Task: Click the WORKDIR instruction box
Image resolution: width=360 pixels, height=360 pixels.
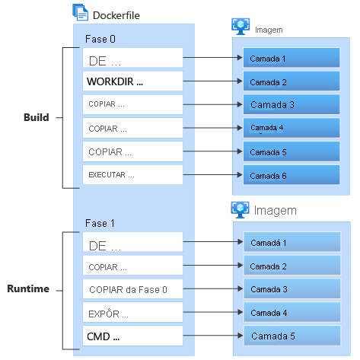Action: click(x=133, y=81)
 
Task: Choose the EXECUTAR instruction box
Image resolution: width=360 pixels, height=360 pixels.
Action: click(x=133, y=175)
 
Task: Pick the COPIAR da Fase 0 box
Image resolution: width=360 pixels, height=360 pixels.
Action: click(x=133, y=289)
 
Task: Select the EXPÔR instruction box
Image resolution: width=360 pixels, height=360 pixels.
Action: click(x=133, y=313)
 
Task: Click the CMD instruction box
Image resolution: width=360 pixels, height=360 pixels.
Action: click(x=133, y=336)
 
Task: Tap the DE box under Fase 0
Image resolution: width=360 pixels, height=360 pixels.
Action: click(x=133, y=58)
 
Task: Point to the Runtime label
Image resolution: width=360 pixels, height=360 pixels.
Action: click(x=29, y=289)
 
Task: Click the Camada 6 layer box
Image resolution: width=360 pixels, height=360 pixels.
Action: click(x=291, y=176)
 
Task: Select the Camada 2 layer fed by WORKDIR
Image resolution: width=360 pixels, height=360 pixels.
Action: click(x=291, y=81)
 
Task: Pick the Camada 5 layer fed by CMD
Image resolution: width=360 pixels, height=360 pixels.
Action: click(x=291, y=336)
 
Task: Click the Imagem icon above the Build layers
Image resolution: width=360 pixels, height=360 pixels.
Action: click(x=240, y=26)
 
